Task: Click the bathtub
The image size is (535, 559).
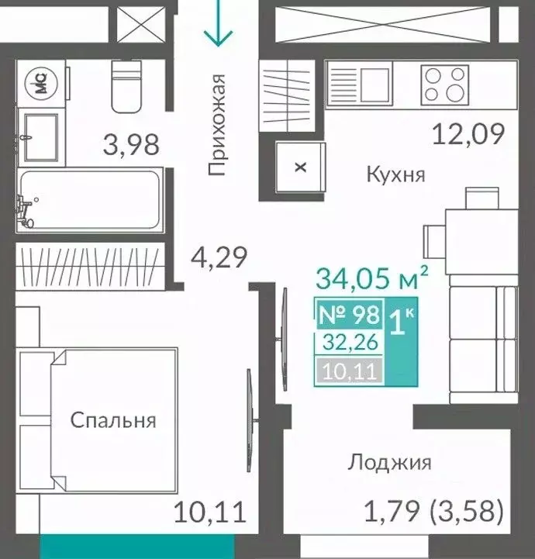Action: pyautogui.click(x=90, y=199)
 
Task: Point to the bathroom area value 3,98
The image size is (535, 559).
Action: pyautogui.click(x=131, y=144)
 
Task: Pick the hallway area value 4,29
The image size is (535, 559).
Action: pyautogui.click(x=220, y=257)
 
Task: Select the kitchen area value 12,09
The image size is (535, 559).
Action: pyautogui.click(x=468, y=134)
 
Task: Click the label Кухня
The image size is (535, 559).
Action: pyautogui.click(x=395, y=174)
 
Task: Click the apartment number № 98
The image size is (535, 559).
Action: pyautogui.click(x=350, y=314)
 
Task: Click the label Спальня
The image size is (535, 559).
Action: pyautogui.click(x=113, y=421)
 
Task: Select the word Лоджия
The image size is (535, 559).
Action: pyautogui.click(x=388, y=463)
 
